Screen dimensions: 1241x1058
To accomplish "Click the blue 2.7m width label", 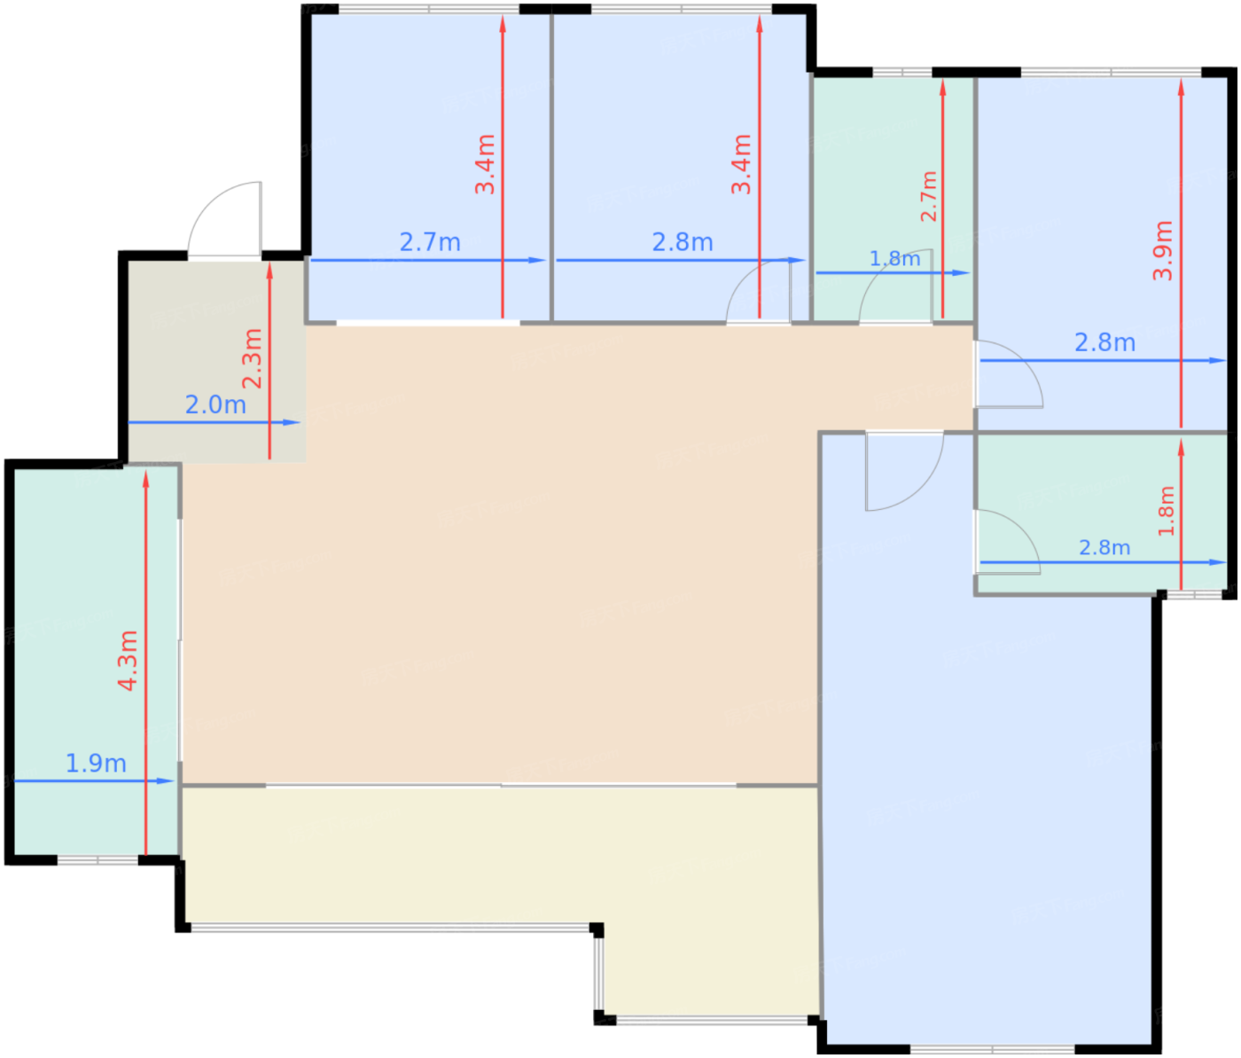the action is click(430, 242).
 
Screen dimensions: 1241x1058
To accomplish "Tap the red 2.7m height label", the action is click(928, 197).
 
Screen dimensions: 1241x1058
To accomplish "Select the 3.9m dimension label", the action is click(1162, 250).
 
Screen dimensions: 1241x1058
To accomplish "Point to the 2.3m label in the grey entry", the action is click(252, 358).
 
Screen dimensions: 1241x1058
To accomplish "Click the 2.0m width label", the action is click(215, 405).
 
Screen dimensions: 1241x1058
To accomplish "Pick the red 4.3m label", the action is click(128, 661).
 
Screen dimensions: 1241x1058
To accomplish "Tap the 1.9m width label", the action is click(96, 764).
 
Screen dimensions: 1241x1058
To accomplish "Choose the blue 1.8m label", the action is click(894, 258).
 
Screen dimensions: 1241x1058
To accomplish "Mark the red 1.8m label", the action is click(1166, 511).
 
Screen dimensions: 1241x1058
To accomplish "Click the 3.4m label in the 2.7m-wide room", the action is click(485, 165).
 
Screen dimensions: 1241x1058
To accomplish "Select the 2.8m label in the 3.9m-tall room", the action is click(1104, 343).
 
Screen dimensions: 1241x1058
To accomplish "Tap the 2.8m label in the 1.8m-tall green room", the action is click(1104, 548).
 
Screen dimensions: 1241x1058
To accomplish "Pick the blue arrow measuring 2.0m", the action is click(215, 422).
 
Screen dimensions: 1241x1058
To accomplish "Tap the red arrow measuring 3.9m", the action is click(1181, 254).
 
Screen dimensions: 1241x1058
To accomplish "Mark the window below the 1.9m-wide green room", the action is click(98, 860).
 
